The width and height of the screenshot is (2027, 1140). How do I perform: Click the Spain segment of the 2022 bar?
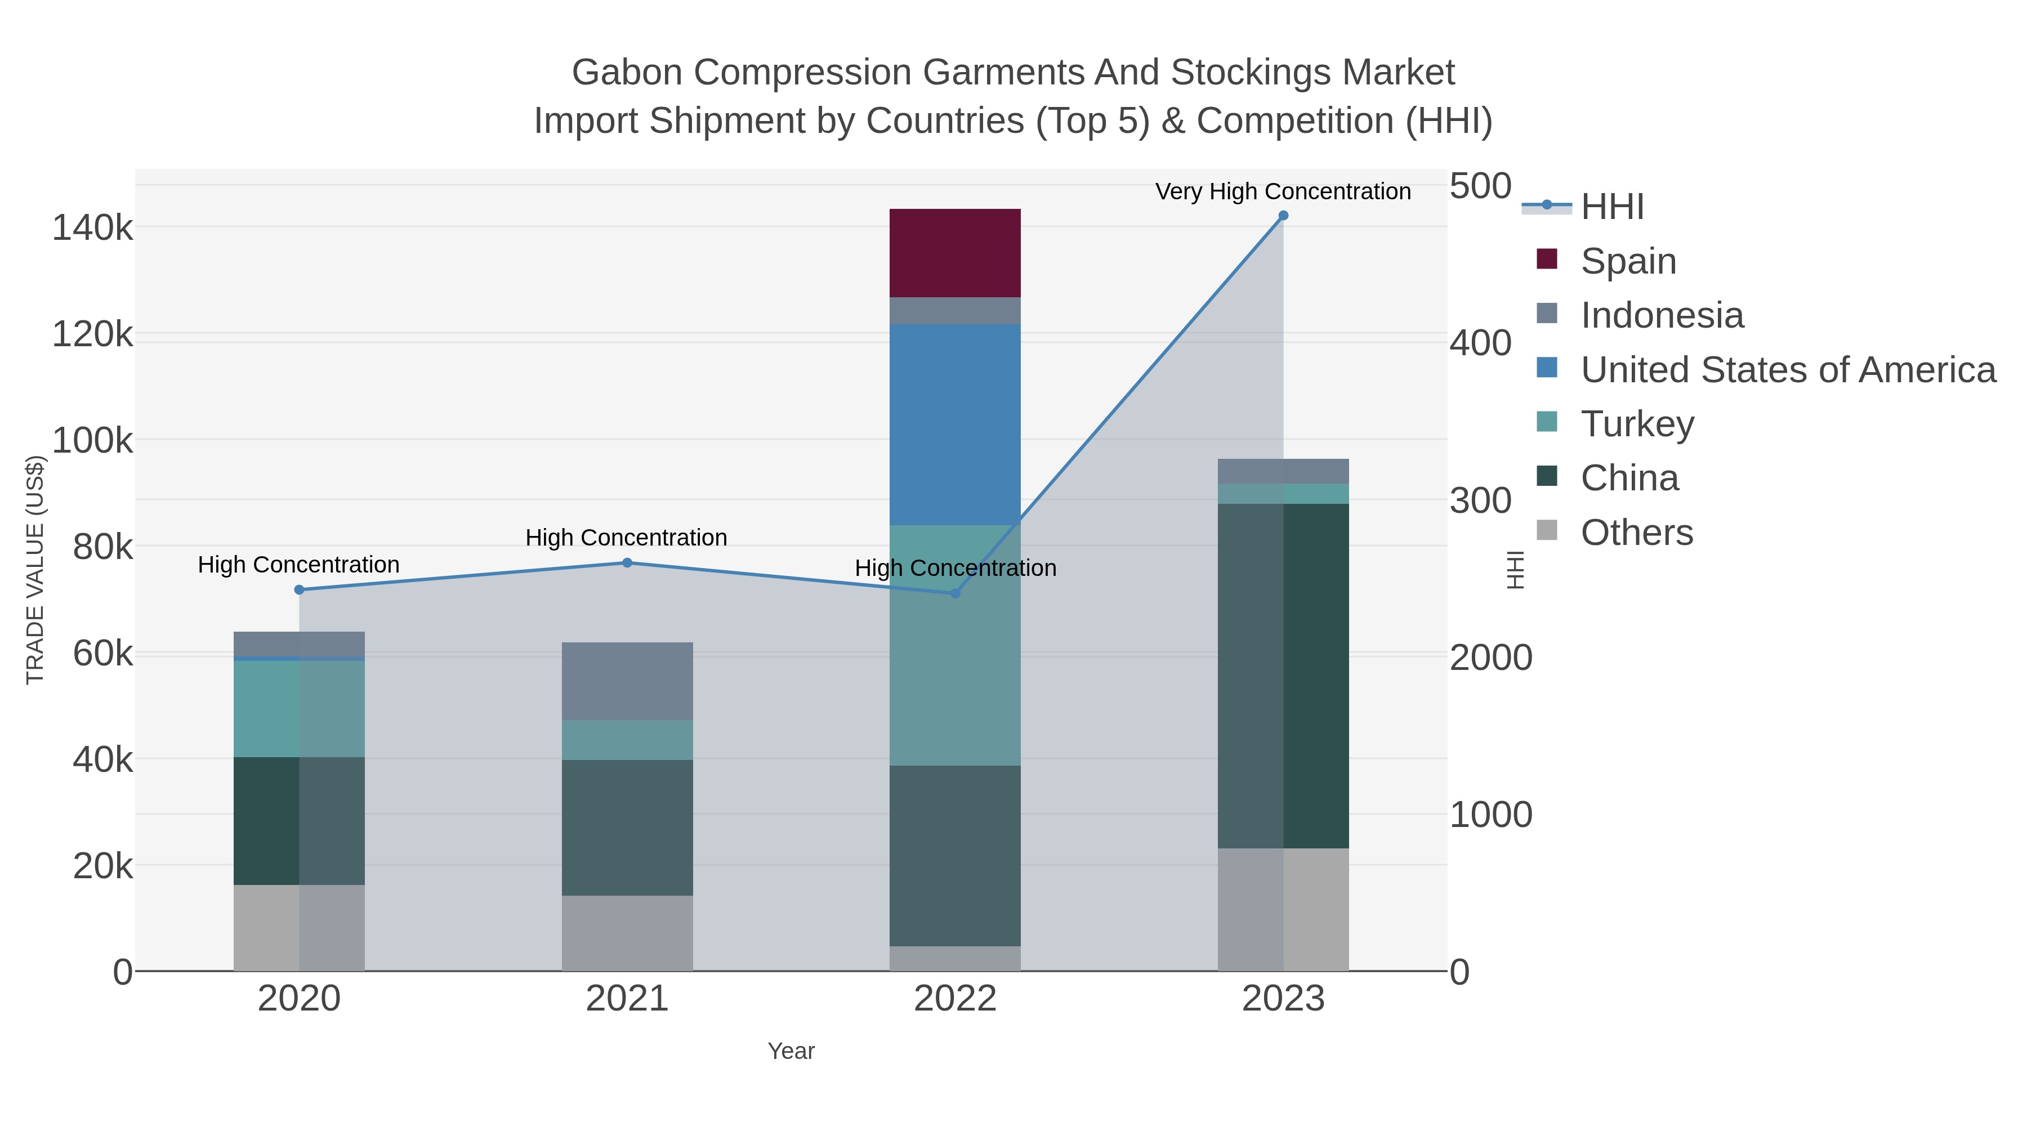(x=954, y=253)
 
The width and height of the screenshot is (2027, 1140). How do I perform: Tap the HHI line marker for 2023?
(x=1283, y=216)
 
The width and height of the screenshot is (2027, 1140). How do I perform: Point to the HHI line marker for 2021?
(x=627, y=562)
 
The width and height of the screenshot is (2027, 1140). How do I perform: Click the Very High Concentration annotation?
(x=1283, y=191)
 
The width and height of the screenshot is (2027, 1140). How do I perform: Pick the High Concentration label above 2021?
(x=626, y=538)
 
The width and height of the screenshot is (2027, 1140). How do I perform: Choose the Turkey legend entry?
(x=1637, y=424)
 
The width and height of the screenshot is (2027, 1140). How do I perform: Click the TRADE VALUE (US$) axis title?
(x=35, y=570)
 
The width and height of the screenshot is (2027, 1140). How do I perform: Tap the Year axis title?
(x=791, y=1051)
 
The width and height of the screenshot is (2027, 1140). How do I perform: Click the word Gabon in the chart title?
(x=626, y=73)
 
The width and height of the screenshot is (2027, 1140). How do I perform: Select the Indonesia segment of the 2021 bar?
(x=627, y=681)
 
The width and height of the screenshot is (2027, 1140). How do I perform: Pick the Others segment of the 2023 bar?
(x=1283, y=909)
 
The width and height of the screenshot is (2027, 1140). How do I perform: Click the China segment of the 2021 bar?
(x=627, y=827)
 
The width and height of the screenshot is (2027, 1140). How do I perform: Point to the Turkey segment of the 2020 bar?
(x=299, y=708)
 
